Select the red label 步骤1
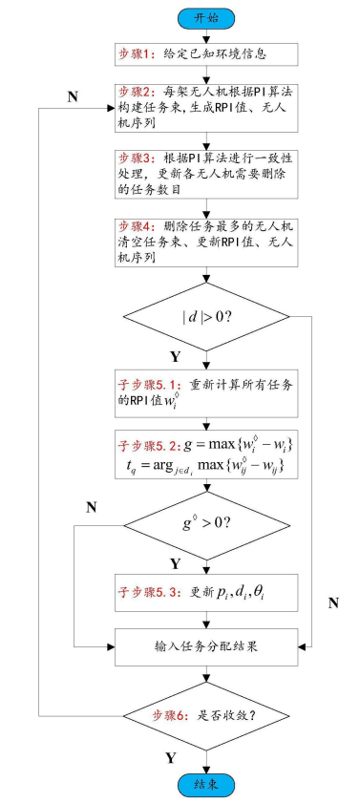pos(136,54)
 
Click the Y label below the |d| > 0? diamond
pos(175,357)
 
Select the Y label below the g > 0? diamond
pos(175,563)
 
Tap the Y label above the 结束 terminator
pos(171,757)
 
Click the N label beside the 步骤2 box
pos(72,97)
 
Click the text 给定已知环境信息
pos(212,54)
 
